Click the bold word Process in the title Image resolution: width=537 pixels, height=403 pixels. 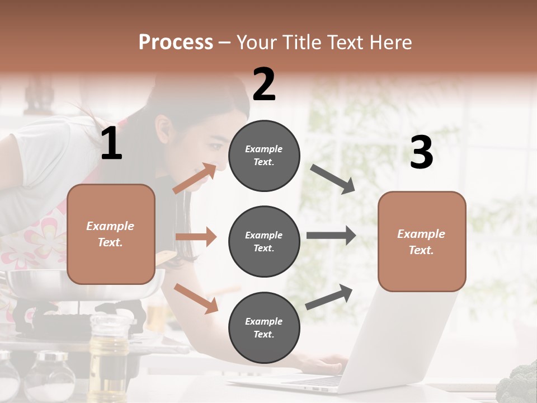pos(176,43)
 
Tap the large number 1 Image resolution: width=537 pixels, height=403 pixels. pos(111,144)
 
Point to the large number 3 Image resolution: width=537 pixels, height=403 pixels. pos(421,153)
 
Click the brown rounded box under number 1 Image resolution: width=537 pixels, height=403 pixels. pos(111,234)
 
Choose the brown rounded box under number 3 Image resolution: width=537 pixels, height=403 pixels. pos(422,241)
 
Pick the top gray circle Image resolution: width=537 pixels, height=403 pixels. pos(264,156)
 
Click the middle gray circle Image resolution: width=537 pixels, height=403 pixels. pos(264,241)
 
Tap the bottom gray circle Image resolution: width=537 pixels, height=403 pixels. pos(264,327)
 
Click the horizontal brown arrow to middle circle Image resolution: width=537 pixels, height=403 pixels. pos(196,237)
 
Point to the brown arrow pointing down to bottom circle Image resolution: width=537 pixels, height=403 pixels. pos(196,298)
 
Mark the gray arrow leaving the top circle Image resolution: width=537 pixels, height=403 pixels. pos(333,179)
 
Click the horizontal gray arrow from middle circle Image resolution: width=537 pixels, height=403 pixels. pos(331,235)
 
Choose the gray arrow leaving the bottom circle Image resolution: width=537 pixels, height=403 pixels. pos(329,297)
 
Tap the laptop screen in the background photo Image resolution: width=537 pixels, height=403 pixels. pos(408,336)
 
